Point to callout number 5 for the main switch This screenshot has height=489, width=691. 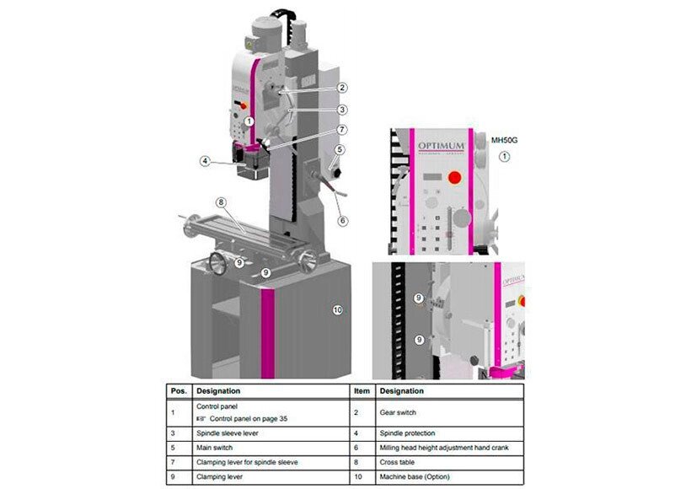(339, 150)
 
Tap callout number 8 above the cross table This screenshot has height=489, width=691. (221, 202)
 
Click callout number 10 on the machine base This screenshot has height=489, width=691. (337, 310)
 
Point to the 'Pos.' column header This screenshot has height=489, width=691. (178, 391)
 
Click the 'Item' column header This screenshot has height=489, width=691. (361, 391)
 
